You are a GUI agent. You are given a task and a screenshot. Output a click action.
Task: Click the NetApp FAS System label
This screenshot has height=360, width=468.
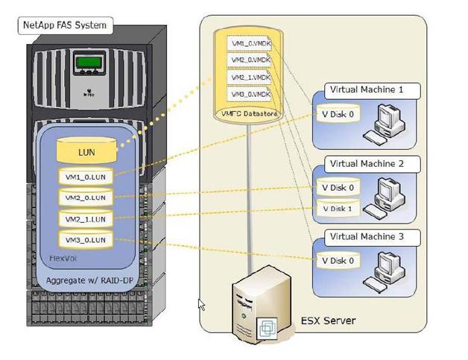pyautogui.click(x=66, y=25)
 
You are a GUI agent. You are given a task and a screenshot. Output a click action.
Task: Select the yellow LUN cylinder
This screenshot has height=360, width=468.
pyautogui.click(x=86, y=152)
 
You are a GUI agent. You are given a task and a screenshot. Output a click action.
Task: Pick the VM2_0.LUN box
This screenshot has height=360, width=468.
pyautogui.click(x=86, y=198)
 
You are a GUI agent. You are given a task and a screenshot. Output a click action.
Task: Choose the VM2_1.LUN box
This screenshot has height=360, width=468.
pyautogui.click(x=86, y=219)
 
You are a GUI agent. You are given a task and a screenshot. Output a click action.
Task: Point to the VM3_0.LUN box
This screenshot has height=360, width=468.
pyautogui.click(x=86, y=239)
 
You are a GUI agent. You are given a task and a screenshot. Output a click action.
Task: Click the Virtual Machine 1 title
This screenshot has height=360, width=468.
pyautogui.click(x=367, y=91)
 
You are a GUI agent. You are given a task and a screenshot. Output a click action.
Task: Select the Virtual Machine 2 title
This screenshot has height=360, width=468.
pyautogui.click(x=367, y=163)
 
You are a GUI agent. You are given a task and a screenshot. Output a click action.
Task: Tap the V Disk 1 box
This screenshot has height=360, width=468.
pyautogui.click(x=337, y=208)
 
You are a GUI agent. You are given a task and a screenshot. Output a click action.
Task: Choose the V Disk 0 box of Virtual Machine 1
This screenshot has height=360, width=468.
pyautogui.click(x=337, y=115)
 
